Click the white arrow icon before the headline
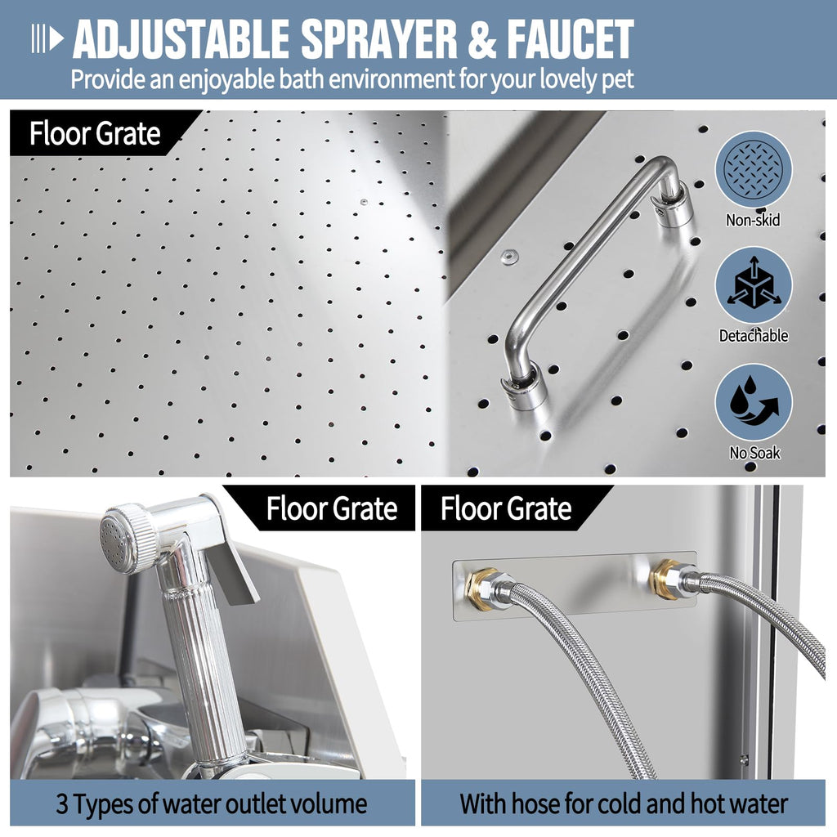click(x=47, y=38)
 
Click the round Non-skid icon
click(x=753, y=170)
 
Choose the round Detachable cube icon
click(x=753, y=284)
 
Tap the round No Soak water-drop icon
click(x=753, y=402)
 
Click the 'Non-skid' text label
click(x=753, y=220)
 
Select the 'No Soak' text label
click(x=754, y=453)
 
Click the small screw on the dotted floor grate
click(x=364, y=203)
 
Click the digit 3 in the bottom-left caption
click(x=62, y=804)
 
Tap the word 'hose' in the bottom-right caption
click(x=561, y=803)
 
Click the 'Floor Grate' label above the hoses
click(x=506, y=508)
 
